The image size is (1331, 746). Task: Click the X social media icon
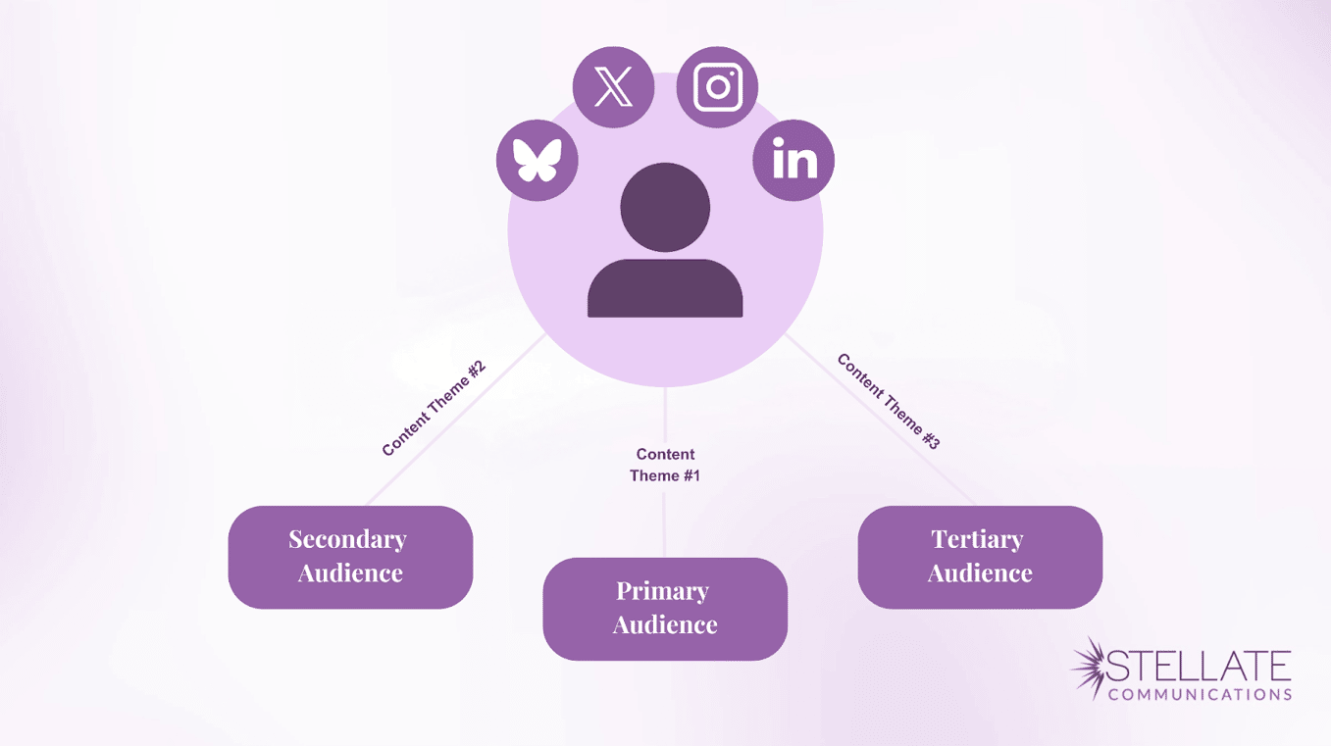pyautogui.click(x=613, y=87)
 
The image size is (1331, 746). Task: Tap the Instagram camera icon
pyautogui.click(x=718, y=87)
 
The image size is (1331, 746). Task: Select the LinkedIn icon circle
pyautogui.click(x=793, y=161)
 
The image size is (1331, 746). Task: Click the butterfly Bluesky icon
pyautogui.click(x=538, y=161)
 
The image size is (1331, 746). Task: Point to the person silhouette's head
pyautogui.click(x=665, y=207)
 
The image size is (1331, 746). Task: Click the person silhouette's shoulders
pyautogui.click(x=665, y=289)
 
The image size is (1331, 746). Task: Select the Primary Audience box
pyautogui.click(x=665, y=609)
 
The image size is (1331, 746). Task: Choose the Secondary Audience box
pyautogui.click(x=350, y=557)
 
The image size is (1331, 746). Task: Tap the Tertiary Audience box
pyautogui.click(x=980, y=557)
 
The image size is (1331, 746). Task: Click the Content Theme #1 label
pyautogui.click(x=665, y=465)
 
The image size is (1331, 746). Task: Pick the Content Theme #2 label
pyautogui.click(x=434, y=409)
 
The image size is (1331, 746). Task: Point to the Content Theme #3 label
pyautogui.click(x=889, y=402)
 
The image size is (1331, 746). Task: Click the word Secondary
pyautogui.click(x=347, y=539)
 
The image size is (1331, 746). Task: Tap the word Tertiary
pyautogui.click(x=977, y=539)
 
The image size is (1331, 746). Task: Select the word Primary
pyautogui.click(x=662, y=591)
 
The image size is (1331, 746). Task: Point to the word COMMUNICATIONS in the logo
pyautogui.click(x=1200, y=694)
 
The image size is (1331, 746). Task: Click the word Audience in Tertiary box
pyautogui.click(x=980, y=573)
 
